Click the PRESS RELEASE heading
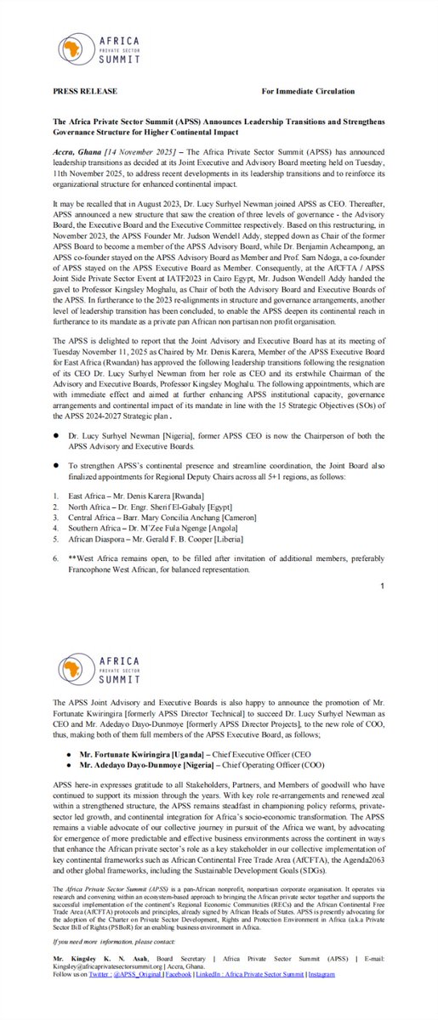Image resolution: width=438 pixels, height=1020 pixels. pyautogui.click(x=85, y=91)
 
